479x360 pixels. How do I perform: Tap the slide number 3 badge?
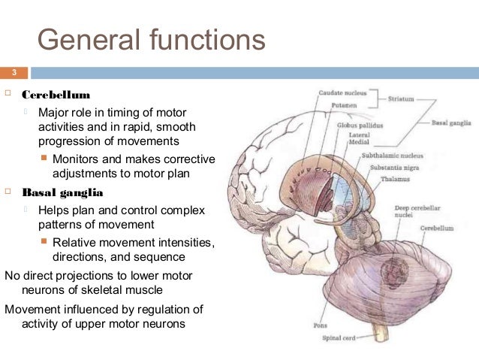coord(13,73)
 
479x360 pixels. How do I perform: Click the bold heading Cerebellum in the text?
coord(56,95)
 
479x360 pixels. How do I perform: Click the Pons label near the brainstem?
coord(319,325)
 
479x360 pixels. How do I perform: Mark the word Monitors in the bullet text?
coord(77,159)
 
